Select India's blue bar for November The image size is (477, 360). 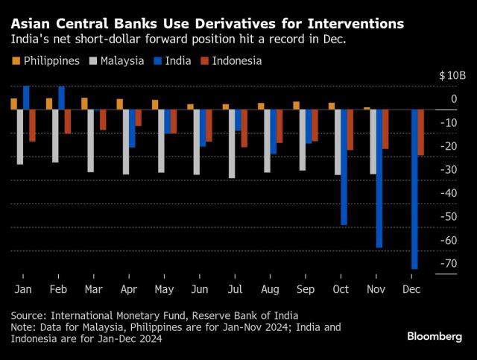tap(379, 178)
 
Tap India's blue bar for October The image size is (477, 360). tap(344, 167)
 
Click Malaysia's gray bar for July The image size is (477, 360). tap(232, 143)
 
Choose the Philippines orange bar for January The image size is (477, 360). tap(13, 104)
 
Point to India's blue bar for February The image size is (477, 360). tap(61, 98)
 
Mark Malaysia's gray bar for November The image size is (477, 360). tap(373, 142)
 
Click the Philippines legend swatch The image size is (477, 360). tap(16, 61)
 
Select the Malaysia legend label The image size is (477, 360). tap(122, 61)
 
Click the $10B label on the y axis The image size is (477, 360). tap(452, 75)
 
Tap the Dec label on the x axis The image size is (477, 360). tap(411, 288)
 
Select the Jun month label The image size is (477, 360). tap(200, 288)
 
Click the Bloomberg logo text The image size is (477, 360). tap(435, 336)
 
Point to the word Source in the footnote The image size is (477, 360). tap(28, 315)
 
